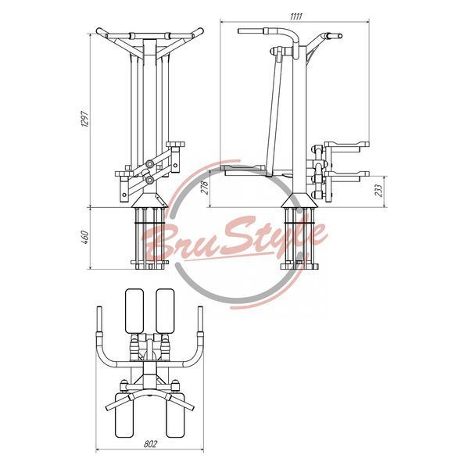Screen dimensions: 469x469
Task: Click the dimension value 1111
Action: click(x=295, y=16)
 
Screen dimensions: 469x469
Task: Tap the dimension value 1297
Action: click(x=85, y=120)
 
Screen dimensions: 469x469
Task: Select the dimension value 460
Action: click(x=85, y=237)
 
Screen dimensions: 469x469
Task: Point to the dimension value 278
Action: click(x=206, y=188)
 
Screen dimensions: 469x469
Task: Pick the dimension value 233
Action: click(x=378, y=191)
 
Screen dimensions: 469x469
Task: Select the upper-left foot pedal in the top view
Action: click(x=134, y=311)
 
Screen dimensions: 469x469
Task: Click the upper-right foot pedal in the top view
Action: click(x=165, y=311)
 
